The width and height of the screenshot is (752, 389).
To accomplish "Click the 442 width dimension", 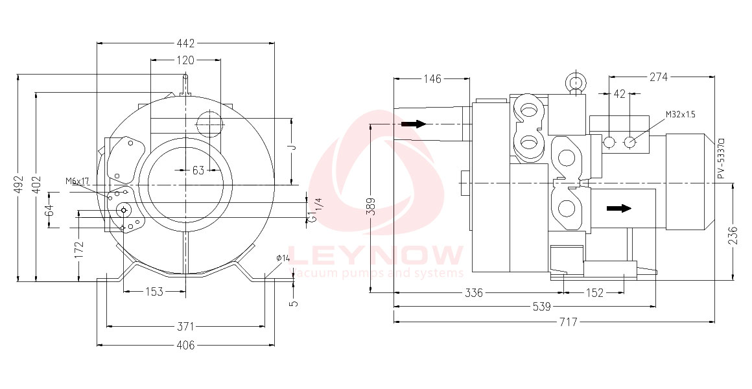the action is (x=185, y=43).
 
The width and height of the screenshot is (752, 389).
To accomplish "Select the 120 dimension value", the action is (x=185, y=60).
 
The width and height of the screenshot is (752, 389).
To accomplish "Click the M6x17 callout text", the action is (x=78, y=181).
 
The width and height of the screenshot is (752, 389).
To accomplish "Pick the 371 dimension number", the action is (x=185, y=326).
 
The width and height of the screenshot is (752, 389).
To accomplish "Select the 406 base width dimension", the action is (x=185, y=345).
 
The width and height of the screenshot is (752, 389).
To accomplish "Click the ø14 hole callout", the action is (x=283, y=258).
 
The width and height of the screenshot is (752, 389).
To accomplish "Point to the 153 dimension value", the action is (x=154, y=292).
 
